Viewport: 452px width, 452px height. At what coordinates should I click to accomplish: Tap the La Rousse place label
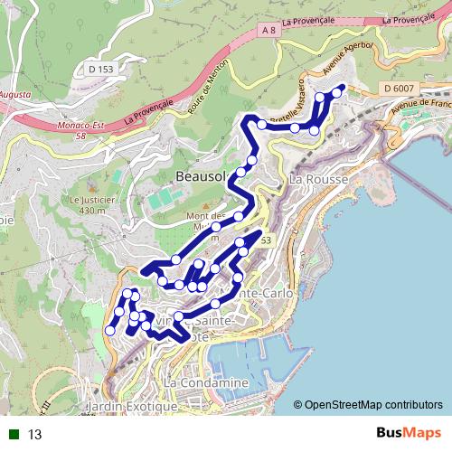(x=314, y=180)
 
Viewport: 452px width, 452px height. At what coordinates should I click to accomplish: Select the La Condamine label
(x=206, y=383)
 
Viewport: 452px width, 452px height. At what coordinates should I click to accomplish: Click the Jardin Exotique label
(x=132, y=408)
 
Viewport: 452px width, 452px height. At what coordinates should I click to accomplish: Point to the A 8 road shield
(x=268, y=31)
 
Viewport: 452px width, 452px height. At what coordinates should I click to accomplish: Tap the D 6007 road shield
(x=398, y=88)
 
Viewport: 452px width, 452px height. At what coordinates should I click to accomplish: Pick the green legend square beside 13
(x=14, y=435)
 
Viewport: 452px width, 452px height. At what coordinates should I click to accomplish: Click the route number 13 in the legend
(x=35, y=435)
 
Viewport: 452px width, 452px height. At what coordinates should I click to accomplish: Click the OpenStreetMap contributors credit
(x=372, y=404)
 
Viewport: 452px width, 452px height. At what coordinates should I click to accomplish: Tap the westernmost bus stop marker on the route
(x=110, y=330)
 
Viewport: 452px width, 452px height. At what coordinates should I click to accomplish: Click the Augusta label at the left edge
(x=15, y=94)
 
